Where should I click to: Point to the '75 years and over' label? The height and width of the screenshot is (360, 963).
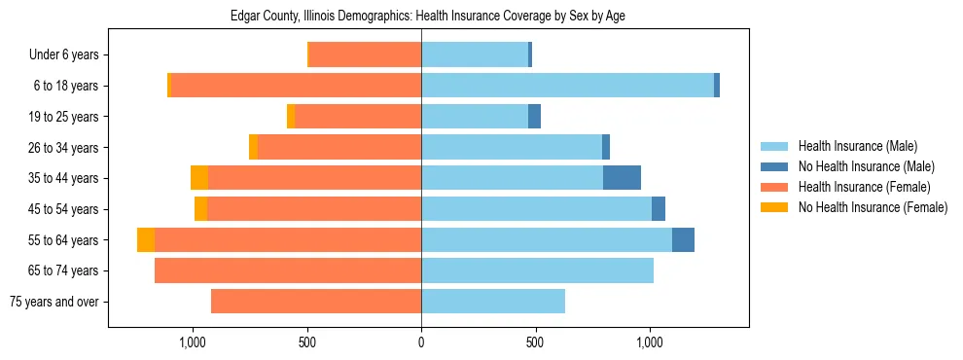click(x=53, y=302)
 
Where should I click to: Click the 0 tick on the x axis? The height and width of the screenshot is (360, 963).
click(x=421, y=342)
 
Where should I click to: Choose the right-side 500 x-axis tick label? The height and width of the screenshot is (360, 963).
click(x=535, y=342)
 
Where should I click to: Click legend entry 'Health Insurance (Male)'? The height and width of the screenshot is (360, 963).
click(x=857, y=146)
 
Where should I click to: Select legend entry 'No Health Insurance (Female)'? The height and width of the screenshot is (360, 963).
click(x=873, y=207)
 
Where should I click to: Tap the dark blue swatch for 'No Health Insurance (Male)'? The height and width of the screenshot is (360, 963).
click(x=774, y=166)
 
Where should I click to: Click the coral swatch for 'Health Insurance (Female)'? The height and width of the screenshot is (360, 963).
click(x=774, y=187)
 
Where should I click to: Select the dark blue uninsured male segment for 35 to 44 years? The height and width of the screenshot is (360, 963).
click(x=622, y=178)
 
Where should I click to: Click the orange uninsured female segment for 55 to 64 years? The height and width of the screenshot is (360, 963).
click(x=146, y=240)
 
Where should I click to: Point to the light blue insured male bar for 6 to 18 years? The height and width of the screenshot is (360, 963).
click(x=567, y=86)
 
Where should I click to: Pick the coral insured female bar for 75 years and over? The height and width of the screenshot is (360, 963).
click(x=316, y=302)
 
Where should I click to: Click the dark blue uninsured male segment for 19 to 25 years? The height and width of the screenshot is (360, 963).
click(x=534, y=117)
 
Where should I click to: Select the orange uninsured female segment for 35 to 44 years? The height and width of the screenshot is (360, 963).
click(x=199, y=178)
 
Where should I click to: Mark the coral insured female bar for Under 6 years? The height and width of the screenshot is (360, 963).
click(x=365, y=55)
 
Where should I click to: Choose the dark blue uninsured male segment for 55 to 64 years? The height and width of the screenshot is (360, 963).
click(x=683, y=240)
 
